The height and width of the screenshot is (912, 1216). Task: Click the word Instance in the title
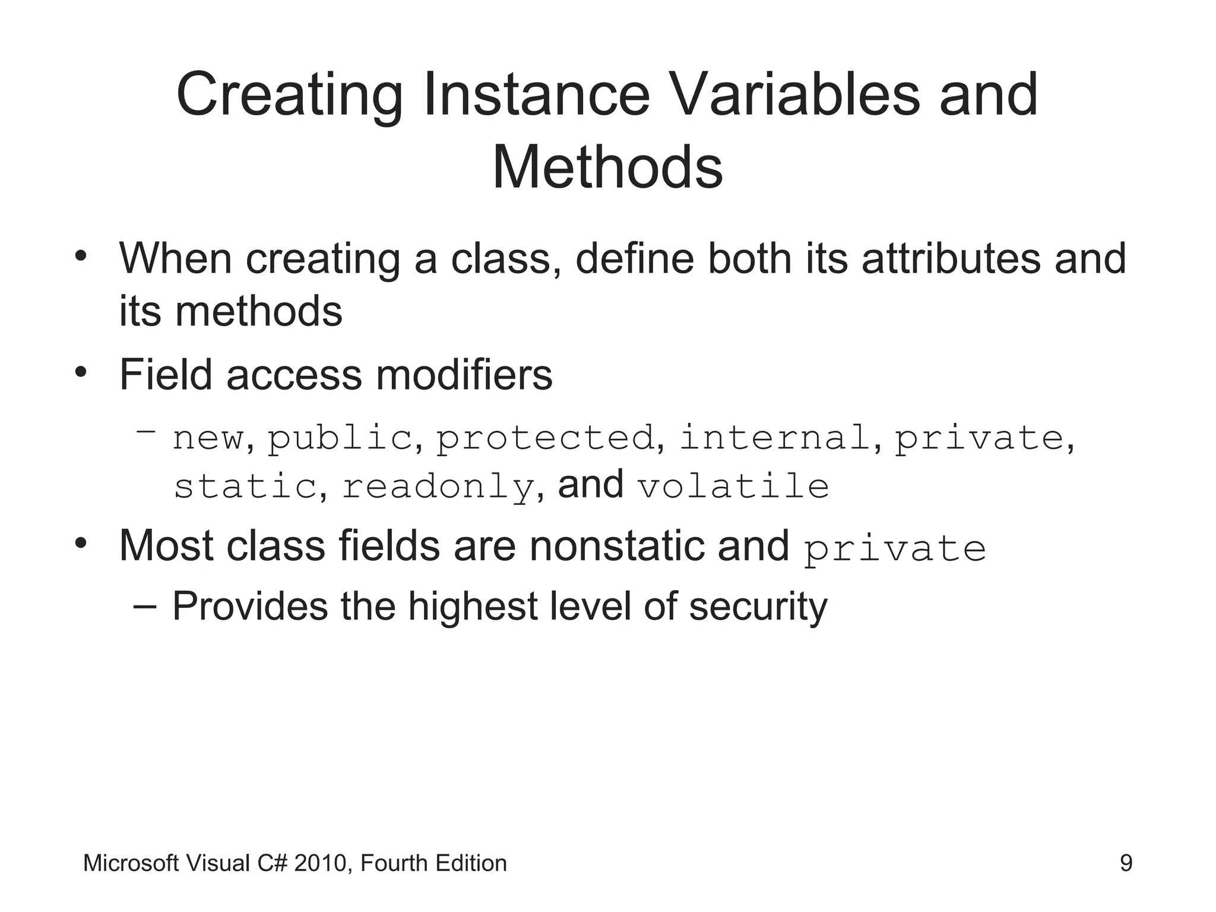537,95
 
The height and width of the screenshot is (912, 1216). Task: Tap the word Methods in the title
607,168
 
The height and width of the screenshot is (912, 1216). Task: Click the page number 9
1126,863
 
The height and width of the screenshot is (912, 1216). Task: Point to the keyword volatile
733,486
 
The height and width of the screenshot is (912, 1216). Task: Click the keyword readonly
438,487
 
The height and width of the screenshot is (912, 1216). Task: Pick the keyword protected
545,438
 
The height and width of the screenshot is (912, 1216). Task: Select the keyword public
340,439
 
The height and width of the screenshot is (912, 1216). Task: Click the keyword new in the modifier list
208,439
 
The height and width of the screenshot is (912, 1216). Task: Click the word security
758,607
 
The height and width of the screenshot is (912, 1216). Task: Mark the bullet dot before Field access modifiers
81,373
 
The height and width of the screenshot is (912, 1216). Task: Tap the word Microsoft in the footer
131,863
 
